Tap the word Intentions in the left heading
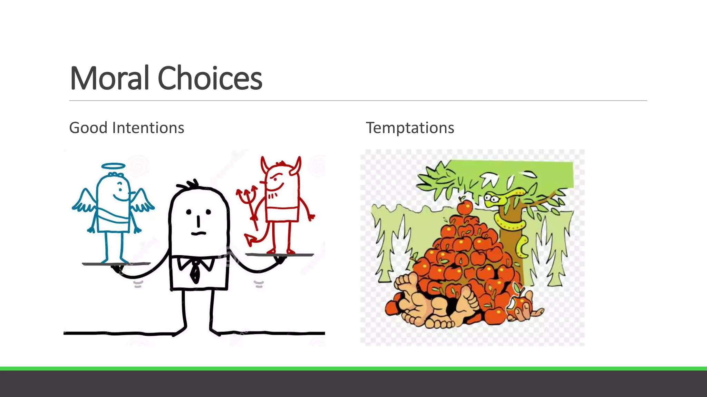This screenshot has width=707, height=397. point(148,128)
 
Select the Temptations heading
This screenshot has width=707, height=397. point(410,128)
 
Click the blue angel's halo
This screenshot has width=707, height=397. point(113,166)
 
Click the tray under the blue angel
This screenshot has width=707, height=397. point(116,264)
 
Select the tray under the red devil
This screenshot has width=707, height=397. point(280,255)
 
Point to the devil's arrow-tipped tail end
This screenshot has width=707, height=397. point(249,240)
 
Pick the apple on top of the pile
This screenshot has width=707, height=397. point(464,207)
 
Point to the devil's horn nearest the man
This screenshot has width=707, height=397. point(265,164)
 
